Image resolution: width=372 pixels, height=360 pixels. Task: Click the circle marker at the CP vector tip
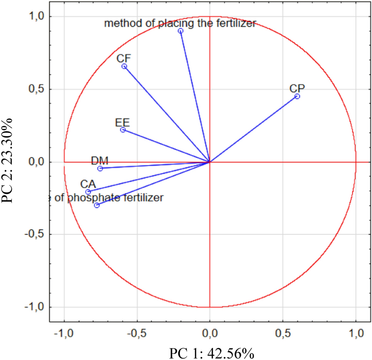[297, 96]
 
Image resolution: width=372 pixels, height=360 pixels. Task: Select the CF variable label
[124, 58]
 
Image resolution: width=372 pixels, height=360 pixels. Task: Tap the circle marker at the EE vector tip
[123, 130]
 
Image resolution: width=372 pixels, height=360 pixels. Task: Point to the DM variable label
[100, 160]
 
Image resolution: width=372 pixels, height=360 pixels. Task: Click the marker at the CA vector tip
[88, 192]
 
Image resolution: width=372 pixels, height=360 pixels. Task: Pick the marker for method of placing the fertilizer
[181, 31]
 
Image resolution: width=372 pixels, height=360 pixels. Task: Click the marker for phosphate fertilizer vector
[97, 205]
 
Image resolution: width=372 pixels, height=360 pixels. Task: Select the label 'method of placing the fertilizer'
[180, 23]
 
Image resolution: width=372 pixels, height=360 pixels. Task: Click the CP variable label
[297, 88]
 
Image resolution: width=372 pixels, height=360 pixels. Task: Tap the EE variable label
[123, 122]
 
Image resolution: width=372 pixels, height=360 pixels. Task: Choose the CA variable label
[88, 184]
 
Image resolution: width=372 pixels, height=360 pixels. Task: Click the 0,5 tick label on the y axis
[36, 89]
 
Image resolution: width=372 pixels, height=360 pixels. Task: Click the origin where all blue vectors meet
[210, 162]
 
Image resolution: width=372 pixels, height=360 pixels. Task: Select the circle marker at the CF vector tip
[124, 66]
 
